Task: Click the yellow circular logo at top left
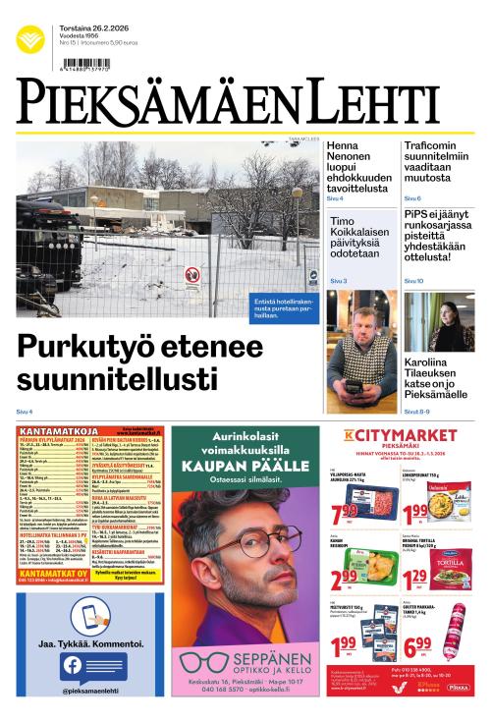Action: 30,40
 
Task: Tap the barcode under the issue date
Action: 85,62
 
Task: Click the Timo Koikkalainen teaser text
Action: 355,237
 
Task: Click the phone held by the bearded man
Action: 354,386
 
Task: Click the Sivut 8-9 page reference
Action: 420,411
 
